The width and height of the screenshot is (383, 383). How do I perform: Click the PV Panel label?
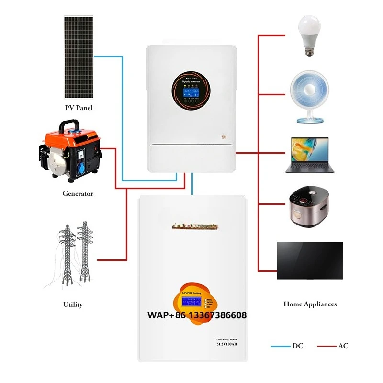click(x=79, y=108)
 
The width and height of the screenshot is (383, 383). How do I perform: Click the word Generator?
click(x=78, y=194)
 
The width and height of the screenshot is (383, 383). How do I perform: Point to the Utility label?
click(x=73, y=304)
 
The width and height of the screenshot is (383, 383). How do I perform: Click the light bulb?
click(x=309, y=34)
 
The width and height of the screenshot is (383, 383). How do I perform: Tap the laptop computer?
click(x=309, y=155)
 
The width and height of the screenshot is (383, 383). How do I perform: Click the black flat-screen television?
click(x=310, y=260)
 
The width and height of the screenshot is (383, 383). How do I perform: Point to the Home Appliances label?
click(x=310, y=304)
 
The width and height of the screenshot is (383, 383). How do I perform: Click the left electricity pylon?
click(x=67, y=256)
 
